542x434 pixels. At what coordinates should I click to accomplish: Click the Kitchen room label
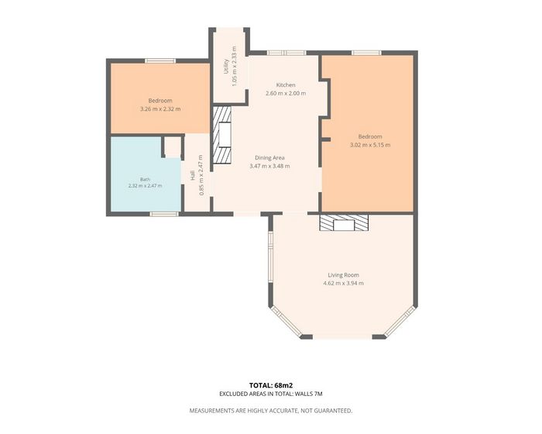tap(286, 84)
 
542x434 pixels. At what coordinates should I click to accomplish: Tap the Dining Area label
tap(269, 158)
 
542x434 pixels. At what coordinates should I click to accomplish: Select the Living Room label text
tap(343, 275)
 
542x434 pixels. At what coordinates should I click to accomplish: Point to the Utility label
tap(226, 66)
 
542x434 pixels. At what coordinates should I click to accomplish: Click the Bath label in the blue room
tap(146, 179)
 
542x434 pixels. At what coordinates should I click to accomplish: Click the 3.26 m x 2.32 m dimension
tap(160, 109)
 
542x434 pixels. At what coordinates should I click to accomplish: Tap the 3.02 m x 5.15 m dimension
tap(370, 145)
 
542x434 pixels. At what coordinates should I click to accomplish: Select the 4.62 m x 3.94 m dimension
tap(343, 283)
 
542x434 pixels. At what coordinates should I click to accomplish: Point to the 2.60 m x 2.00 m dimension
tap(286, 93)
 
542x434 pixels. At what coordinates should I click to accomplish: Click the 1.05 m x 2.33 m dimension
tap(234, 66)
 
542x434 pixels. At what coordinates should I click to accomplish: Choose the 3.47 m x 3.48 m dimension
tap(269, 166)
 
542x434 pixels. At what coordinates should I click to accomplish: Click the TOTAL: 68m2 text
tap(271, 385)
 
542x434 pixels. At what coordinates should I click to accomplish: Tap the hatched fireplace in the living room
tap(344, 222)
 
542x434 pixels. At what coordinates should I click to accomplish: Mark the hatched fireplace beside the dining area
tap(221, 135)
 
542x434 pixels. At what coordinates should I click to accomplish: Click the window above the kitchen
tap(286, 53)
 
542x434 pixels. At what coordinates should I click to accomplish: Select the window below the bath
tap(164, 214)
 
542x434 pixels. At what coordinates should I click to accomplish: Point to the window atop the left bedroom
tap(160, 61)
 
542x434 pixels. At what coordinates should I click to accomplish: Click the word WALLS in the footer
tap(305, 394)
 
